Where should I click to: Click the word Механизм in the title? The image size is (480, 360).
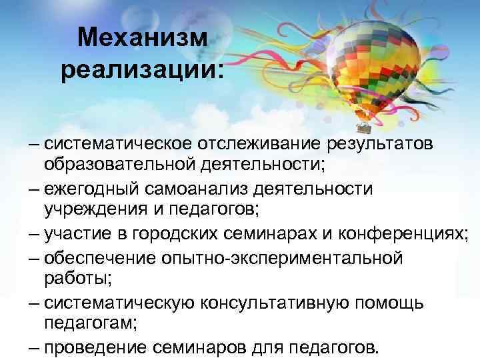(143, 39)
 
